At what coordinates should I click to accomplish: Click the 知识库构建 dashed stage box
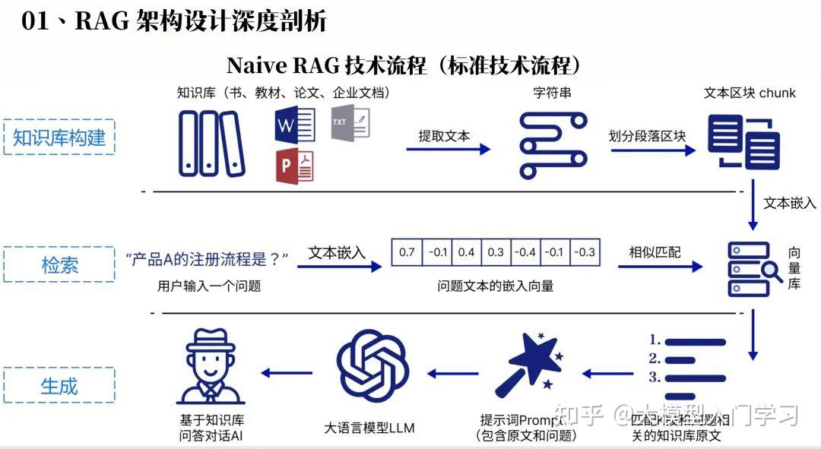pyautogui.click(x=59, y=138)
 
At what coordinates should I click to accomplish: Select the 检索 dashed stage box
pyautogui.click(x=59, y=265)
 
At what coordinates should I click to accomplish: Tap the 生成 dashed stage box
pyautogui.click(x=59, y=385)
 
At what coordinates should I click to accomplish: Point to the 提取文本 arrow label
pyautogui.click(x=444, y=136)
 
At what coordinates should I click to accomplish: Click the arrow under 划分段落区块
pyautogui.click(x=651, y=150)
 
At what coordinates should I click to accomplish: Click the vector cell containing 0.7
pyautogui.click(x=407, y=252)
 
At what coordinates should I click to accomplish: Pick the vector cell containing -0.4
pyautogui.click(x=525, y=252)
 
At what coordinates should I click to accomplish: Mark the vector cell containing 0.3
pyautogui.click(x=496, y=252)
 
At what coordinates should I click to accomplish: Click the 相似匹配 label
pyautogui.click(x=655, y=251)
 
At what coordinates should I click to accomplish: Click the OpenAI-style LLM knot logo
pyautogui.click(x=373, y=372)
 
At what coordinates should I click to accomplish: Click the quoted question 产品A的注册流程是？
pyautogui.click(x=208, y=259)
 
